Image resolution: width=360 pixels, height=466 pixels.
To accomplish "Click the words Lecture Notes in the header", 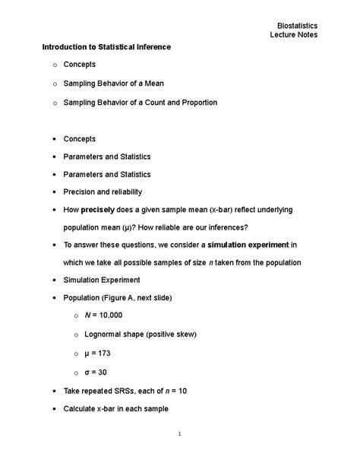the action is coord(294,35).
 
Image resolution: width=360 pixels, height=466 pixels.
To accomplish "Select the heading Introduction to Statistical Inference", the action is coord(106,47).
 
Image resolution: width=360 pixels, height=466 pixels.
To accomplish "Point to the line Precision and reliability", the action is coord(103,192).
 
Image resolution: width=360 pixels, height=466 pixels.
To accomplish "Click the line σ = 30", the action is coord(90,372).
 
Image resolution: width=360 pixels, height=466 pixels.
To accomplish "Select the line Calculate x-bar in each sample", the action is coord(115,408).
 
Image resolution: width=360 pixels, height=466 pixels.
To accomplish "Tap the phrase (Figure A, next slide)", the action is coord(143,297).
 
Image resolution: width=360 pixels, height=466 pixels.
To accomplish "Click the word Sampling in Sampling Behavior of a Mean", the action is coord(79,84).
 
